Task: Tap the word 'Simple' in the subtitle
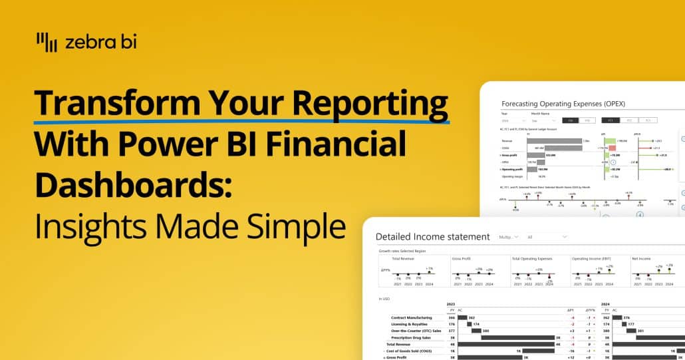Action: (296, 226)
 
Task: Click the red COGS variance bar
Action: (602, 148)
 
